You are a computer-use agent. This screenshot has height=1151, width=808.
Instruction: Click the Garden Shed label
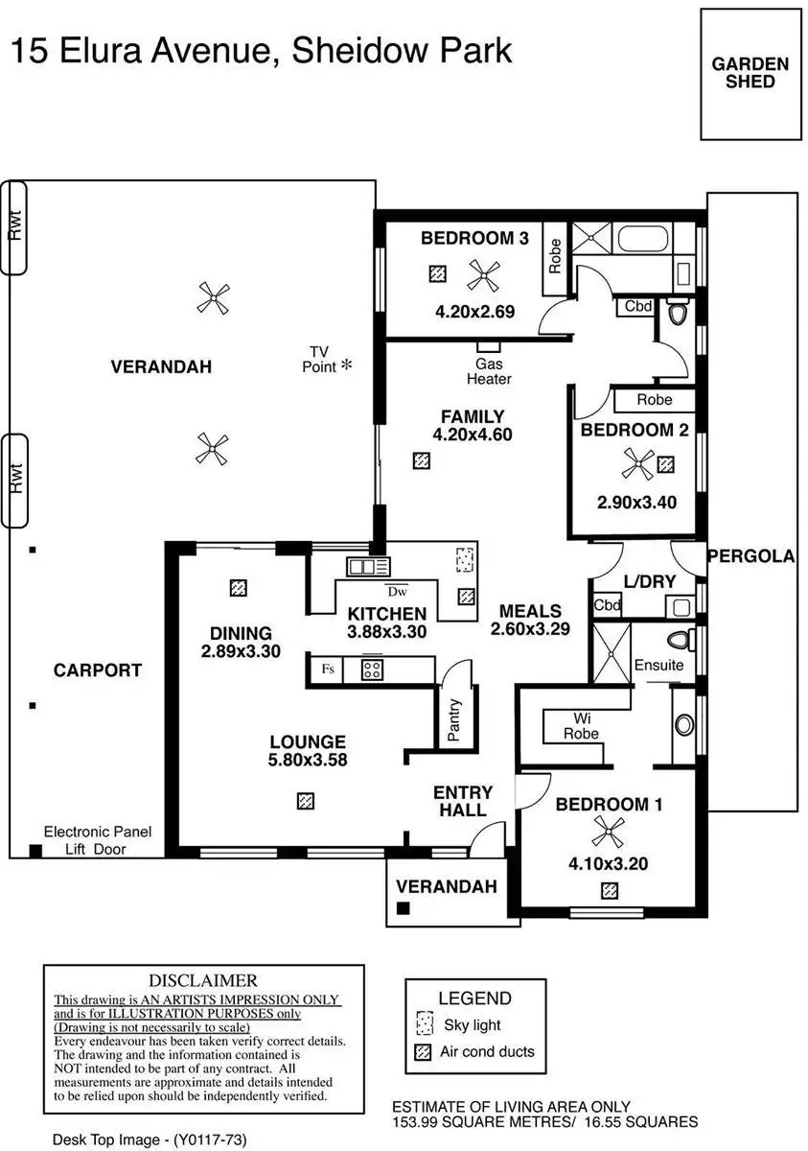(x=750, y=73)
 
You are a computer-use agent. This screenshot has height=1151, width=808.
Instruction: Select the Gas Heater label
(x=489, y=371)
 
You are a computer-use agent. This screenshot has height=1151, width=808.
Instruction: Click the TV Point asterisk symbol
(x=346, y=365)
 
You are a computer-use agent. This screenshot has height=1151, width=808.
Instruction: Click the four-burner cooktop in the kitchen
(x=372, y=669)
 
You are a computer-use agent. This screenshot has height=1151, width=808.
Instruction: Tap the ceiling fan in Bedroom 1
(x=607, y=831)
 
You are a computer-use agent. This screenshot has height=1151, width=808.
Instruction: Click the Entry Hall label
(x=463, y=801)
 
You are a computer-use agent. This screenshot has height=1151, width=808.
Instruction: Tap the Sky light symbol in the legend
(x=423, y=1023)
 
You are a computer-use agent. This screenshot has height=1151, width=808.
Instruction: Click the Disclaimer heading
(x=203, y=980)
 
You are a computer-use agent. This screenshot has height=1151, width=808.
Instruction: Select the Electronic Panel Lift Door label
(x=98, y=840)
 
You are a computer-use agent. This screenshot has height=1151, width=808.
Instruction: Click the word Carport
(x=98, y=670)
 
